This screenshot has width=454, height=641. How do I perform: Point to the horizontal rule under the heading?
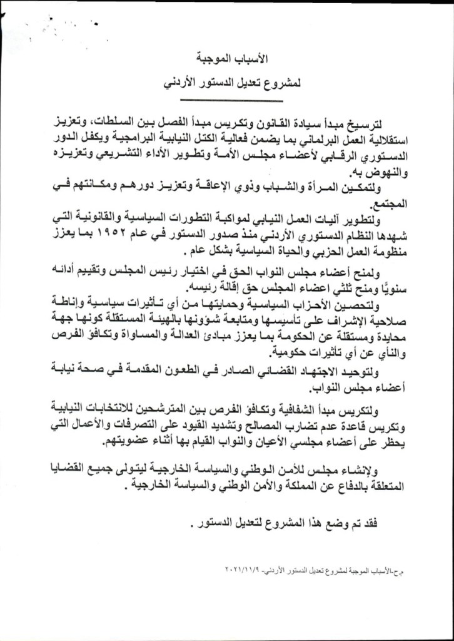click(x=227, y=100)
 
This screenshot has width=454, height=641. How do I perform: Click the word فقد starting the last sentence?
click(x=370, y=523)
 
